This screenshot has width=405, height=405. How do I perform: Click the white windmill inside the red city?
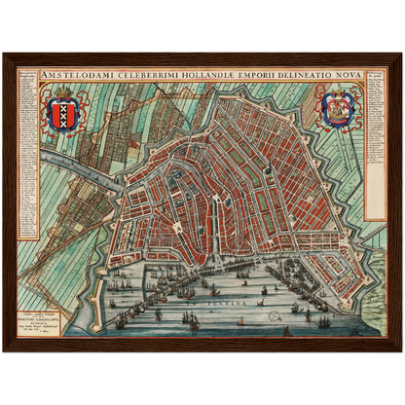click(252, 168)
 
